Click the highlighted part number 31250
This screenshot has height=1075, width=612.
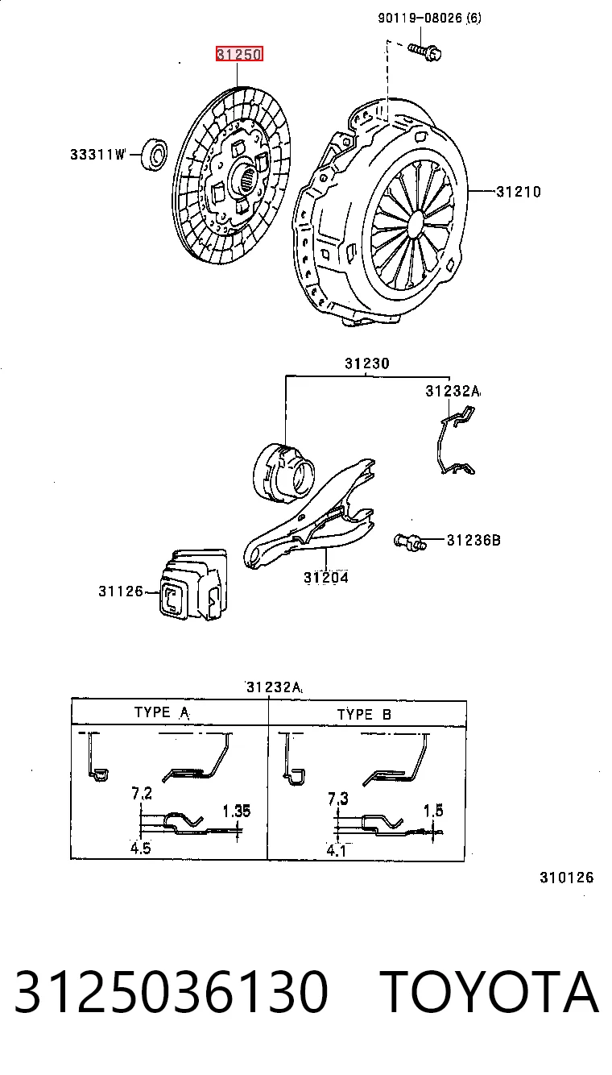pyautogui.click(x=239, y=54)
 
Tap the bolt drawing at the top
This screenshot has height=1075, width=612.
pyautogui.click(x=425, y=52)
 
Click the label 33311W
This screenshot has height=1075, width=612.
pyautogui.click(x=98, y=154)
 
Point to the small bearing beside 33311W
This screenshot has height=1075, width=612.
pyautogui.click(x=154, y=154)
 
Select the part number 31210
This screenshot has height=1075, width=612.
pyautogui.click(x=519, y=192)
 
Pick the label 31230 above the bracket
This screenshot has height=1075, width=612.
pyautogui.click(x=367, y=363)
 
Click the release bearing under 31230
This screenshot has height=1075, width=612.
pyautogui.click(x=283, y=473)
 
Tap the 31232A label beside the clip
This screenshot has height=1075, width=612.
pyautogui.click(x=453, y=391)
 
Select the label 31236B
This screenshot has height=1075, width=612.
pyautogui.click(x=473, y=541)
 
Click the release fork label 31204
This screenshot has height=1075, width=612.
pyautogui.click(x=326, y=577)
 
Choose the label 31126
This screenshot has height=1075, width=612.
pyautogui.click(x=121, y=591)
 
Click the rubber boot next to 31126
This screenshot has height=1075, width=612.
pyautogui.click(x=192, y=584)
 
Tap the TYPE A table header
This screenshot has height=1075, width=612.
pyautogui.click(x=162, y=712)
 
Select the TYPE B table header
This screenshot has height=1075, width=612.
pyautogui.click(x=364, y=715)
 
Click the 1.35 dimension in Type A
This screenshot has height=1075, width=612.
pyautogui.click(x=237, y=811)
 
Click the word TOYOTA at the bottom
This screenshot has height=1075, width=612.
pyautogui.click(x=490, y=991)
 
